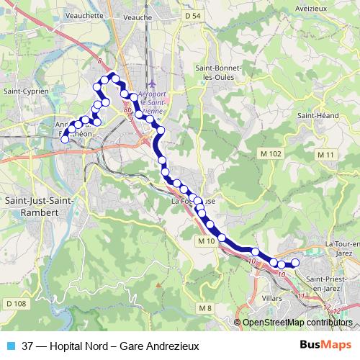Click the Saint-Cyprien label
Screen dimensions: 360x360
[x=26, y=91]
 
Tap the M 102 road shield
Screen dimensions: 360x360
[x=271, y=154]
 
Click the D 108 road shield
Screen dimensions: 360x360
[x=16, y=305]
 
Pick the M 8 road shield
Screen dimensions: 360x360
[x=204, y=308]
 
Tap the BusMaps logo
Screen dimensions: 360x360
[x=325, y=344]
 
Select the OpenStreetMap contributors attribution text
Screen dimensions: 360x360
[x=297, y=323]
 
